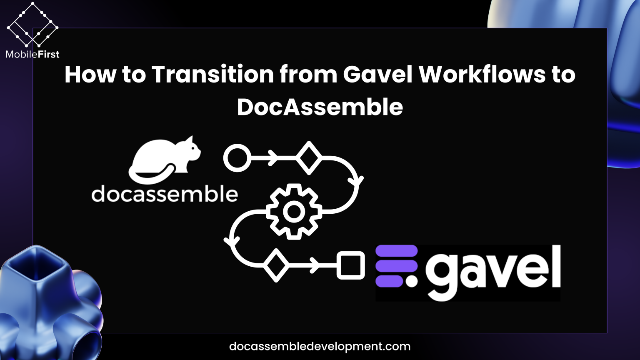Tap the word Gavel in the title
coord(377,75)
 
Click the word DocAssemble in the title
coord(320,107)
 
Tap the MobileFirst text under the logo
coord(32,54)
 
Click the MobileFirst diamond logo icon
coord(32,25)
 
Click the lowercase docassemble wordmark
coord(165,194)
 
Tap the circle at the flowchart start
coord(237,158)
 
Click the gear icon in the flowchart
coord(294,211)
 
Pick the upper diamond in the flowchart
coord(309,158)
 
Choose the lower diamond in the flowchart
coord(276,265)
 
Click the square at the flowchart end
coord(350,265)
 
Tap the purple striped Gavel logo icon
coord(396,266)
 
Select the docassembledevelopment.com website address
coord(320,346)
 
